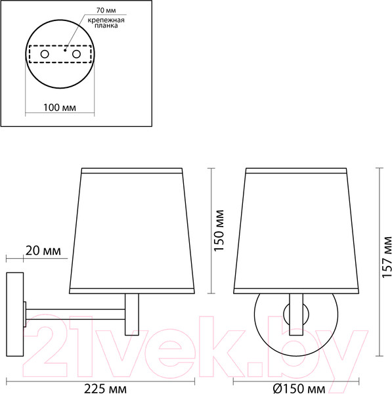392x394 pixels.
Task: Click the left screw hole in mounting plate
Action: coord(45,53)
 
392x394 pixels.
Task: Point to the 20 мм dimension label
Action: coord(44,252)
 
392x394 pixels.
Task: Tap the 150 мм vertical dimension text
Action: coord(219,230)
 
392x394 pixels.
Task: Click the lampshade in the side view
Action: coord(133,230)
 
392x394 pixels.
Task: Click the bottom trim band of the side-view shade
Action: coord(133,289)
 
